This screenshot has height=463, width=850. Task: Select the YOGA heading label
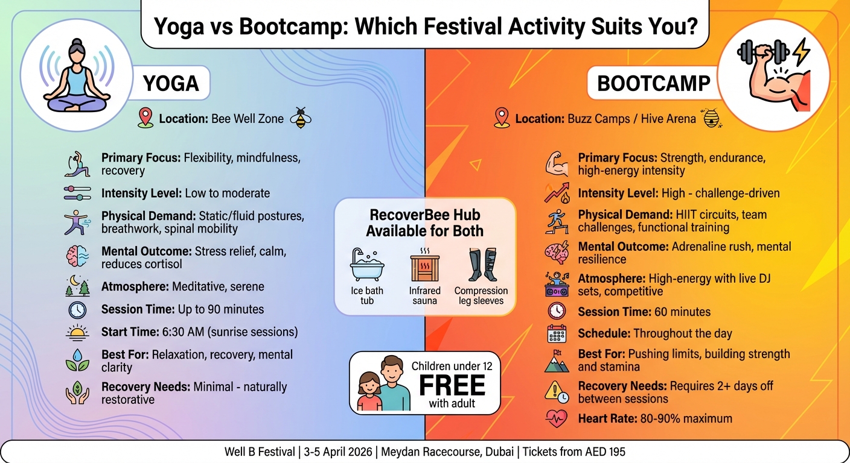coord(171,84)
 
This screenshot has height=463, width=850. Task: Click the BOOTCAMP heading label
coord(653,84)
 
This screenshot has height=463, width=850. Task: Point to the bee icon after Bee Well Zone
coord(300,118)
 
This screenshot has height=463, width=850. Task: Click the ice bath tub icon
coord(367,265)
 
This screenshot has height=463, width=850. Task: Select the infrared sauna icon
coord(425,265)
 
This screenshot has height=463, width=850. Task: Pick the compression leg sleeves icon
coord(481,265)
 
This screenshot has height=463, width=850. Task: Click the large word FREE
coord(452,385)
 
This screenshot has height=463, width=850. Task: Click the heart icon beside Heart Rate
coord(556,418)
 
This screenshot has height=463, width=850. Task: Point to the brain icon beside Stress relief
coord(77,256)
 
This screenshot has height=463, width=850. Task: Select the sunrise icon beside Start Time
coord(77,332)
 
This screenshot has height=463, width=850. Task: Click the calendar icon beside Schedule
coord(556,333)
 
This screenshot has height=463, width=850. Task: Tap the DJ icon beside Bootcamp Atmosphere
coord(556,284)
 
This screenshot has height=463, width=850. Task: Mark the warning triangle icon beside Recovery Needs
coord(556,392)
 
